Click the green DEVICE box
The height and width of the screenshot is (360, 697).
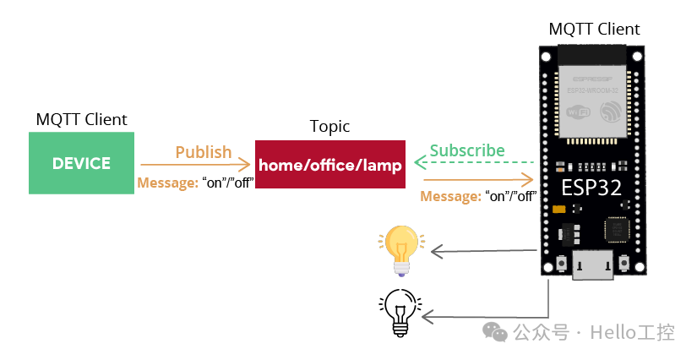tap(81, 163)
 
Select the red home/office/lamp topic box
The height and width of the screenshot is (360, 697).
tap(330, 165)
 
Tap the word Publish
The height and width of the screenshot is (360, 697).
tap(203, 152)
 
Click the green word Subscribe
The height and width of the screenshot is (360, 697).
tap(467, 150)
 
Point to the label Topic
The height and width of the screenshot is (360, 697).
tap(329, 127)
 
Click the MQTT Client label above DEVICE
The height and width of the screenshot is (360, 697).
tap(81, 119)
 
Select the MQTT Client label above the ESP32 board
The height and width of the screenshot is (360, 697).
tap(595, 29)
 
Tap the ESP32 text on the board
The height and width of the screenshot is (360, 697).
tap(591, 188)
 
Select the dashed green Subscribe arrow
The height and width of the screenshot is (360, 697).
tap(474, 162)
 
